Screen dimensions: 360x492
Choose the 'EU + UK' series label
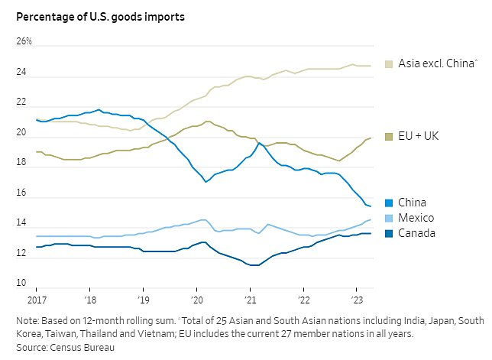419,135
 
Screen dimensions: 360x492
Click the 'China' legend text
413,203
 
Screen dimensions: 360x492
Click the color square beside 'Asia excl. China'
389,64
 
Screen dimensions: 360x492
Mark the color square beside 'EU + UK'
389,135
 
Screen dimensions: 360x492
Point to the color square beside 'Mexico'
389,218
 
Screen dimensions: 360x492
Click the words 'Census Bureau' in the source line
87,348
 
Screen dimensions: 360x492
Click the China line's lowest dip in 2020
206,182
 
